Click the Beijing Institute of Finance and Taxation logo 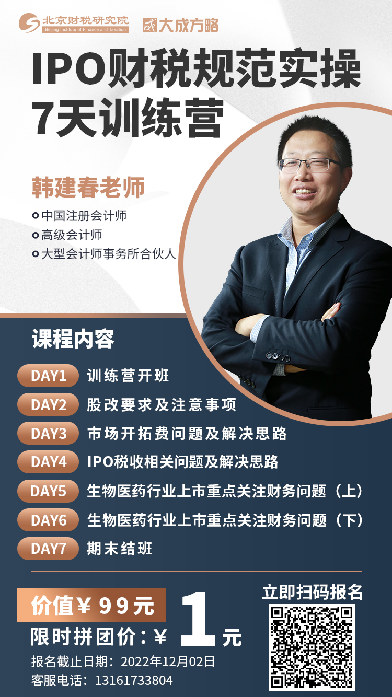pos(74,22)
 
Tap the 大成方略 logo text pos(181,25)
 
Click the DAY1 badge pos(48,376)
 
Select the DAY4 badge pos(48,462)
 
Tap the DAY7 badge pos(48,548)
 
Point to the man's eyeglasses pos(310,165)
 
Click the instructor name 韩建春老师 pos(88,188)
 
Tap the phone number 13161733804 pos(134,680)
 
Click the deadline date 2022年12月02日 pos(167,661)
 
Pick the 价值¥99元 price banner pos(91,605)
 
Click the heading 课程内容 pos(73,339)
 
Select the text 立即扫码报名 pos(312,592)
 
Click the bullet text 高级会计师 pos(72,235)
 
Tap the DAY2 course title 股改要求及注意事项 pos(162,404)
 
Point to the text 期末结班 pos(120,548)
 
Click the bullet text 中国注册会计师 pos(84,216)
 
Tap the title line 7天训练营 pos(128,118)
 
